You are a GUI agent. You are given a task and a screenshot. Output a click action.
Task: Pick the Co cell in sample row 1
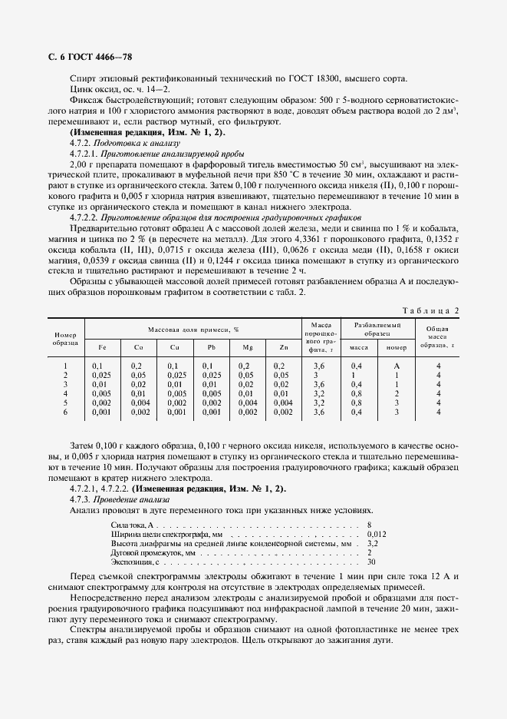pyautogui.click(x=137, y=366)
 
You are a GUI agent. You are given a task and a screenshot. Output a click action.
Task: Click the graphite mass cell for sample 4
pyautogui.click(x=320, y=393)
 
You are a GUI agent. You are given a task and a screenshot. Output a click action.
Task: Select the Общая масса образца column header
pyautogui.click(x=439, y=336)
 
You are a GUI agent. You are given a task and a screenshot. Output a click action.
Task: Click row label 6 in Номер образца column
pyautogui.click(x=65, y=413)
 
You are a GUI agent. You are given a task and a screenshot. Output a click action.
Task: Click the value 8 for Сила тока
pyautogui.click(x=370, y=524)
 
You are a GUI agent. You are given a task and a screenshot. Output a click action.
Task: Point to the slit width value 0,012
pyautogui.click(x=377, y=533)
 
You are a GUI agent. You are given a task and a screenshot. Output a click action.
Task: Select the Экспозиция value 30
pyautogui.click(x=372, y=562)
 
